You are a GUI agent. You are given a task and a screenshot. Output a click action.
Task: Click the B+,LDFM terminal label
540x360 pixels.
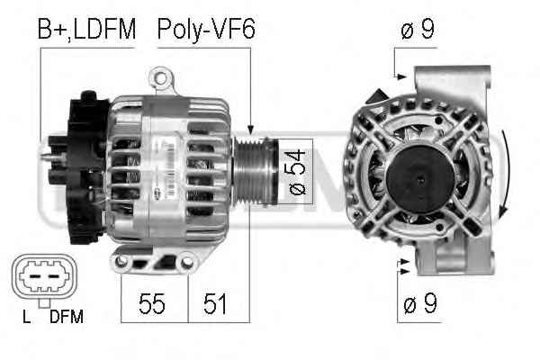coord(86,30)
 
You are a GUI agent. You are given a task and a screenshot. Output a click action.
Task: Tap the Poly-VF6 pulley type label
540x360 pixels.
coord(206,30)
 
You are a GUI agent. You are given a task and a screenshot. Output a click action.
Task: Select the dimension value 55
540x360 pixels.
coord(152,303)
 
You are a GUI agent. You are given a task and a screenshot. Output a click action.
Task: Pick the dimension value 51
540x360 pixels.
coord(215,303)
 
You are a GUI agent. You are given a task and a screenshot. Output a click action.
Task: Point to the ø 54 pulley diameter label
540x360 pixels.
coord(296,172)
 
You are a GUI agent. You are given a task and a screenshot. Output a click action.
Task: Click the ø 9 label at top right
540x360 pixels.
coord(418,30)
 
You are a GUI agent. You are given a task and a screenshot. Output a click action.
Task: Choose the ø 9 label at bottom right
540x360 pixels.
coord(420,303)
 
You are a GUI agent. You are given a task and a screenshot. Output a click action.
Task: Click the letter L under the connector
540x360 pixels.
coord(26,317)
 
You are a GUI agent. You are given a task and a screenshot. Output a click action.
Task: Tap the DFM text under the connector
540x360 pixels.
coord(67,317)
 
